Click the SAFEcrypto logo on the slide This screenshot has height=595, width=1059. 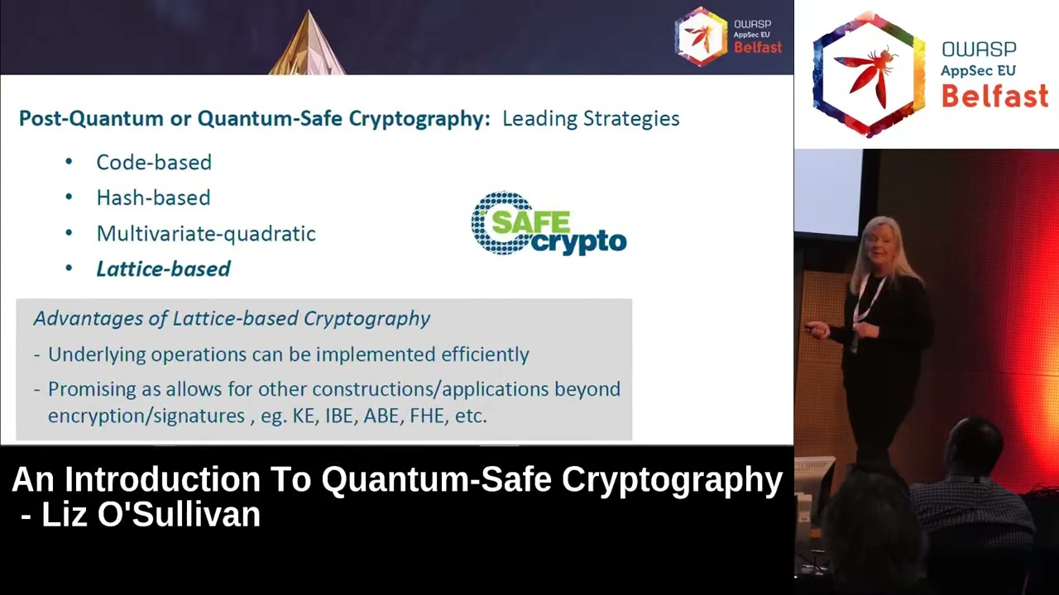click(549, 224)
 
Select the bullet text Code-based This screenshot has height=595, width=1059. click(154, 163)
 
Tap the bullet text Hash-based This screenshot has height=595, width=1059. click(153, 198)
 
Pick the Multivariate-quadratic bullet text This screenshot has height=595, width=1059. click(206, 234)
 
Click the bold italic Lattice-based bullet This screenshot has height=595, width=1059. click(163, 269)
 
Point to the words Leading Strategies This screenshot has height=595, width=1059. click(591, 119)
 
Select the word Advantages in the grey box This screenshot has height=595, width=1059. click(81, 319)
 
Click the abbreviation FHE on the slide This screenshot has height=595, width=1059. click(427, 416)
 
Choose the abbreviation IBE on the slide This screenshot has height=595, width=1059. click(339, 416)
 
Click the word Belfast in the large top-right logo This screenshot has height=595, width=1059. click(994, 97)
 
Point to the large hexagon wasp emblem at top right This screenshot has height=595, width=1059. click(869, 74)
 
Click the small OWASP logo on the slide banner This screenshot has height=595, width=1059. click(702, 36)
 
